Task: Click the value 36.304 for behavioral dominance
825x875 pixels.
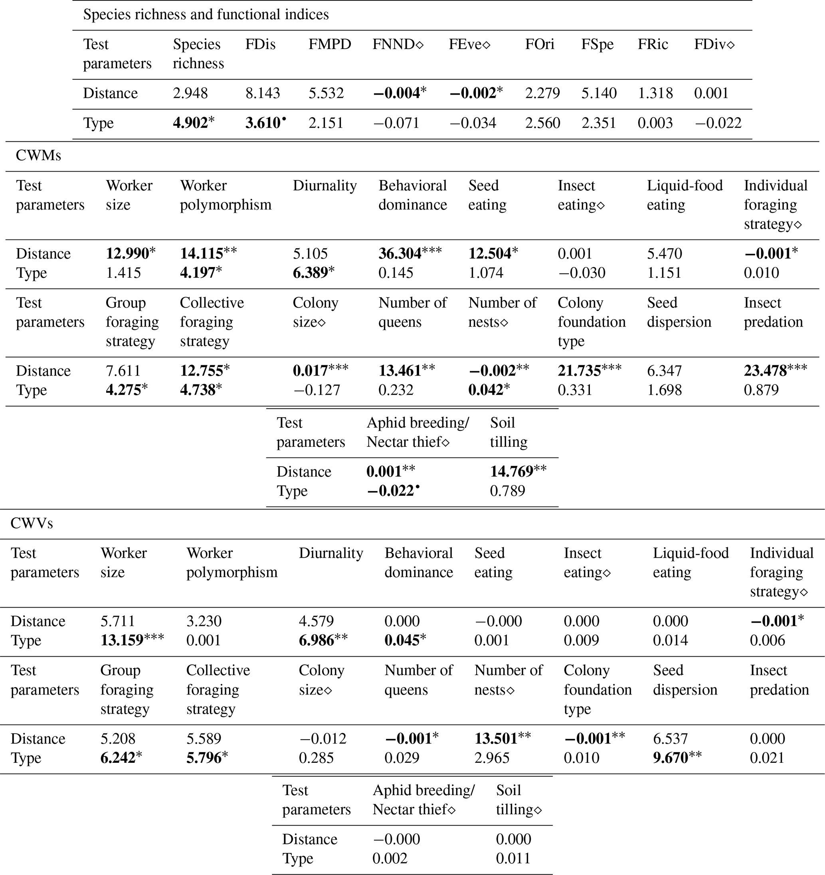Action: point(400,253)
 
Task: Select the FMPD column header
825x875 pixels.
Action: point(330,44)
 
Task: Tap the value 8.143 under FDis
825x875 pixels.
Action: point(262,93)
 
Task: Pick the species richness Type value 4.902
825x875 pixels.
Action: point(190,123)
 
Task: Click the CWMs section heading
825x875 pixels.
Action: point(38,156)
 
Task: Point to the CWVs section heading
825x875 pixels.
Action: point(32,523)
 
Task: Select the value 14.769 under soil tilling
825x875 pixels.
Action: point(512,472)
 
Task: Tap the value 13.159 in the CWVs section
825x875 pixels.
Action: point(122,640)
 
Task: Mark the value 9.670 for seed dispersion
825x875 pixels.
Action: point(670,758)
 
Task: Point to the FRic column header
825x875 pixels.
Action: point(653,44)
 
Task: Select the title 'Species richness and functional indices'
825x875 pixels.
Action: point(206,14)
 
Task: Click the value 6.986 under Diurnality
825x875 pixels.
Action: point(316,640)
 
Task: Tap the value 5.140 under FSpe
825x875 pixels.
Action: point(599,93)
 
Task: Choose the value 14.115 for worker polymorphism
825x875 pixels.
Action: point(202,253)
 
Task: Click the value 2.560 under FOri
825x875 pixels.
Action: point(542,123)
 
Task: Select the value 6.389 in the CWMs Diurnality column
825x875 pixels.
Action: point(310,273)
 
